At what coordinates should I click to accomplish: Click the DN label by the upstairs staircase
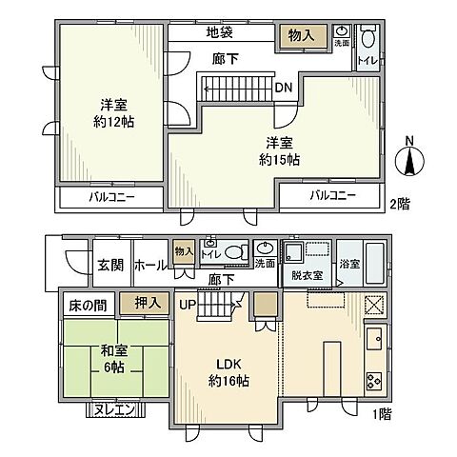click(x=283, y=88)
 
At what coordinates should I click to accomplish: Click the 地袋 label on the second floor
click(x=220, y=32)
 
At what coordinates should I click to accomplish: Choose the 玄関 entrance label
click(x=109, y=266)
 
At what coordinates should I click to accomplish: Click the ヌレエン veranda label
click(x=118, y=409)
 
